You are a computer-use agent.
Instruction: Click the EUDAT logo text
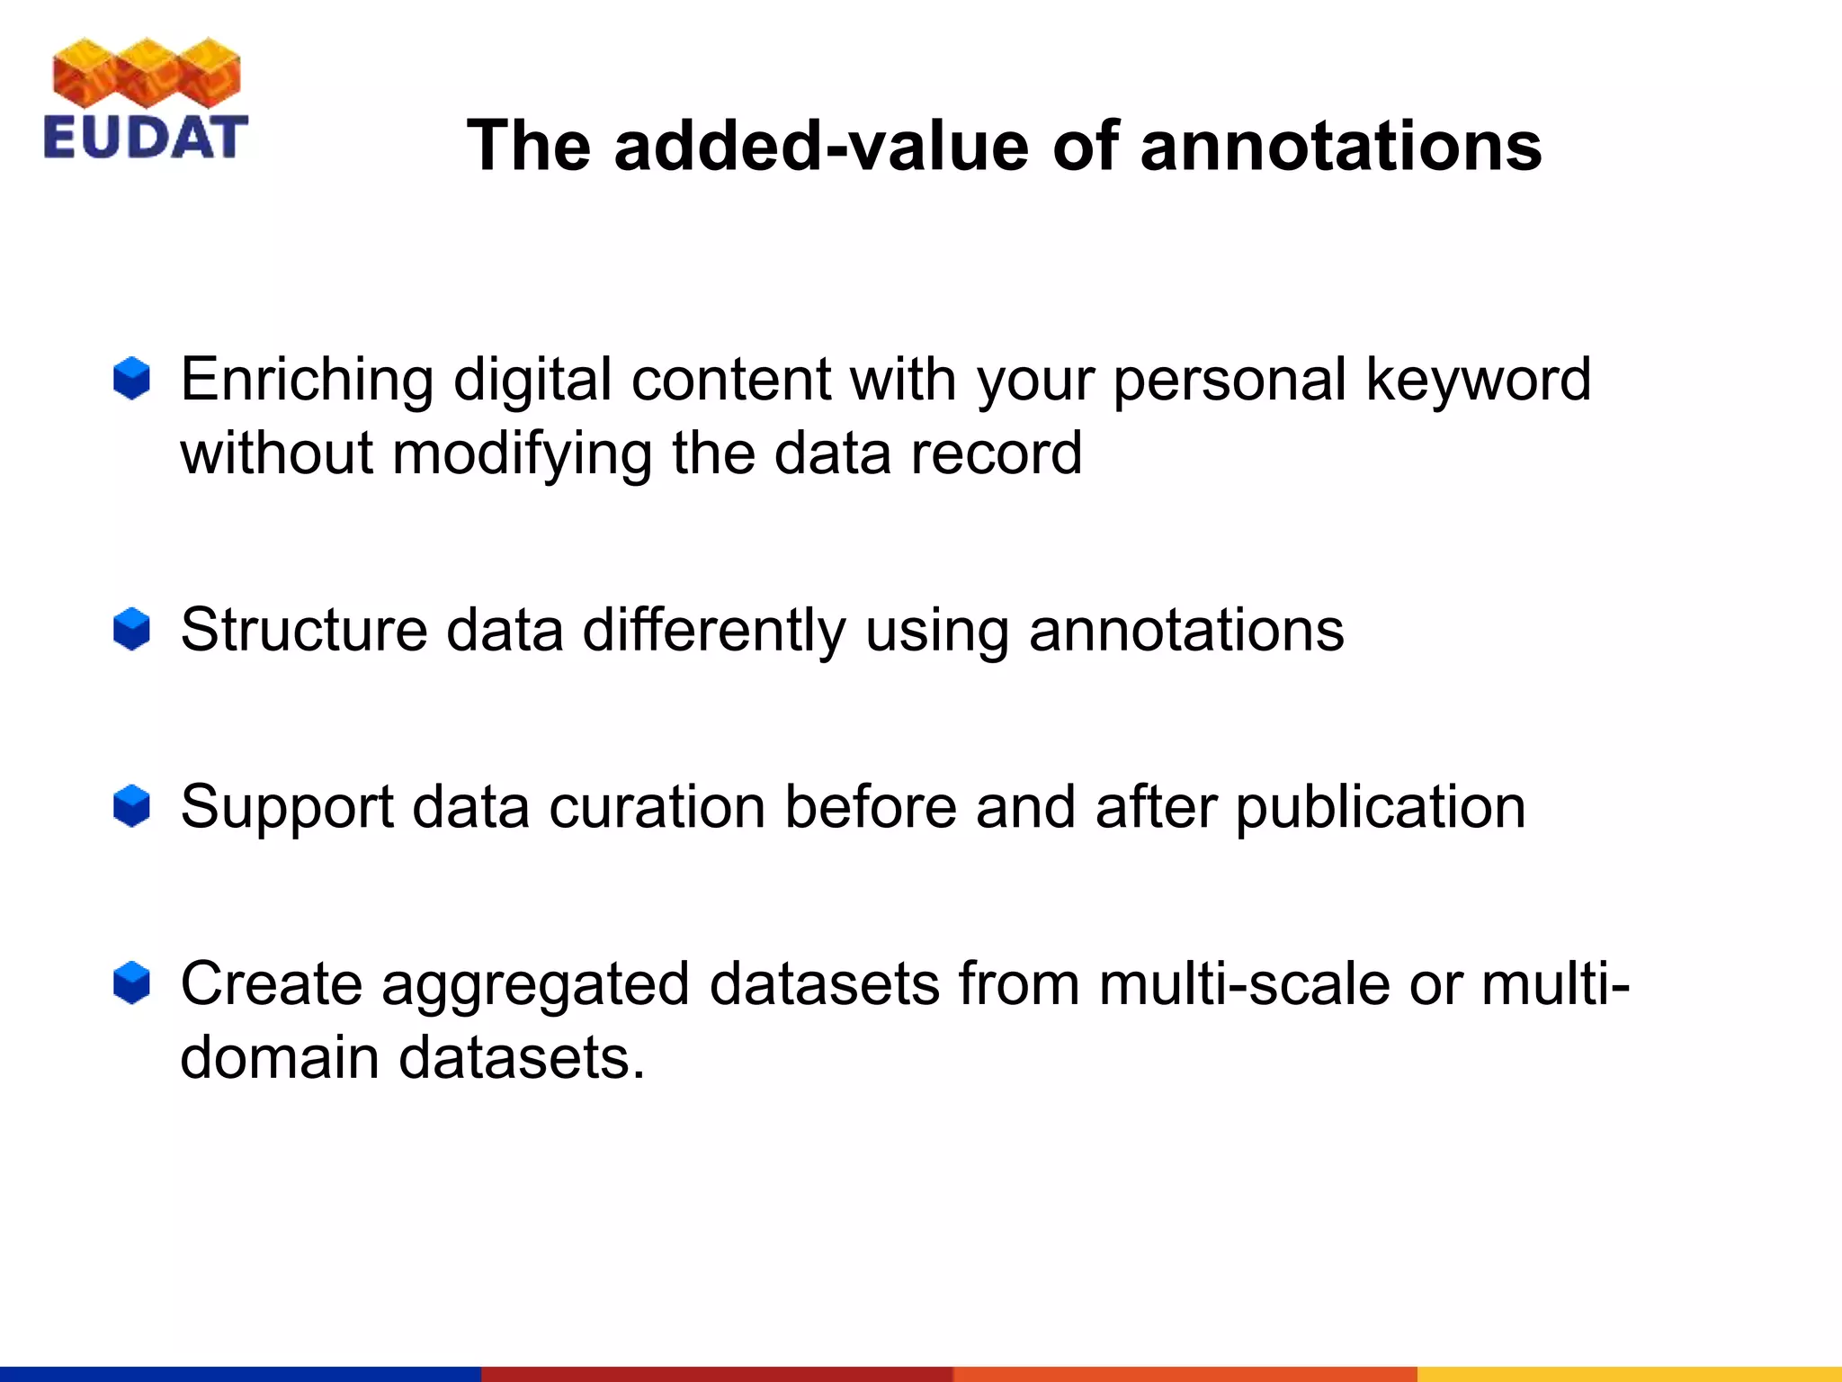point(145,138)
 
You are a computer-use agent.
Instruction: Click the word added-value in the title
point(821,146)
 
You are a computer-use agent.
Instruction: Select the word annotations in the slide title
point(1341,146)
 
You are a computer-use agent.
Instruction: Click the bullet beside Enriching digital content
point(131,378)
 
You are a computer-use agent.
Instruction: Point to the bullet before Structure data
point(131,628)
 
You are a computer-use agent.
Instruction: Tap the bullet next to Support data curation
point(131,805)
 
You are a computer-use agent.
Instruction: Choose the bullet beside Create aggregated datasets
point(131,983)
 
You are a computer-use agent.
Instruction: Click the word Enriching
point(307,380)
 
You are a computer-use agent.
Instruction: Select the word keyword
point(1478,380)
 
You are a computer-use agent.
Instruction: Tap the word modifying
point(522,453)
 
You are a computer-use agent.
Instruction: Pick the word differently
point(714,630)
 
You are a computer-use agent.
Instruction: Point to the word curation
point(657,806)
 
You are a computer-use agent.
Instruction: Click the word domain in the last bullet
point(279,1057)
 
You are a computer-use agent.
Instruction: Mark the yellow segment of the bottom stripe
point(1629,1374)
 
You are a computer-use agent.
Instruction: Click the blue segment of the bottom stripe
point(240,1374)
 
